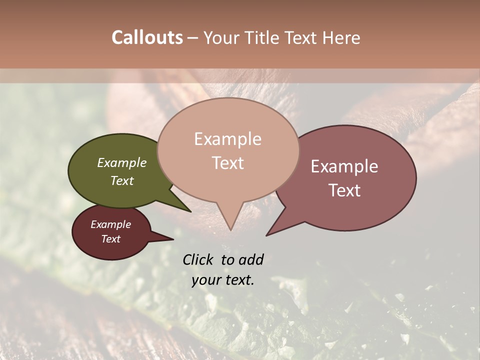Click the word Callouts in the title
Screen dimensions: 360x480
coord(147,37)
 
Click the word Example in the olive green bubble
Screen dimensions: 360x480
coord(122,162)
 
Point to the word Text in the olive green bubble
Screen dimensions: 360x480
coord(122,180)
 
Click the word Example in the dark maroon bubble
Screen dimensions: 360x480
coord(111,224)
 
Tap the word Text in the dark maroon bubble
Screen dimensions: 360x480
coord(111,239)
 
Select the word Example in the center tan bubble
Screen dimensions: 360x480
coord(228,139)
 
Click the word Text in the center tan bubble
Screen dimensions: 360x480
coord(228,163)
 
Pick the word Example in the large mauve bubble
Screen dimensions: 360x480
coord(344,166)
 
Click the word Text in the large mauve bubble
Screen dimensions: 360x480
coord(344,190)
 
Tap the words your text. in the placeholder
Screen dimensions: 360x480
coord(223,280)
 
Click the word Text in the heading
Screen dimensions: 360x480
coord(299,37)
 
